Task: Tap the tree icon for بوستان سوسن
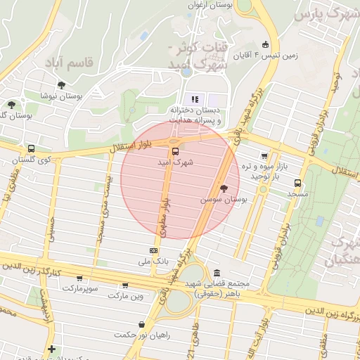(x=224, y=188)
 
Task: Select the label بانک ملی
(x=153, y=262)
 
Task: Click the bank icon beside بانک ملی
(x=153, y=250)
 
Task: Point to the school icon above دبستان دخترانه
(x=195, y=99)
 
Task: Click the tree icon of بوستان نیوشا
(x=62, y=84)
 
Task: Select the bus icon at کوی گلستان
(x=31, y=148)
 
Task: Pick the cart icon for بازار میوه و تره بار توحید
(x=264, y=156)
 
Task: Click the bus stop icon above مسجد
(x=297, y=183)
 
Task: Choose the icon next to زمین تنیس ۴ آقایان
(x=265, y=44)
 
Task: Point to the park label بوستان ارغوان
(x=210, y=5)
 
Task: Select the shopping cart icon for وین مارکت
(x=124, y=285)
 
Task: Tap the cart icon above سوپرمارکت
(x=79, y=278)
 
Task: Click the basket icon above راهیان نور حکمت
(x=143, y=324)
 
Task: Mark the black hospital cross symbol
(x=51, y=349)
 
